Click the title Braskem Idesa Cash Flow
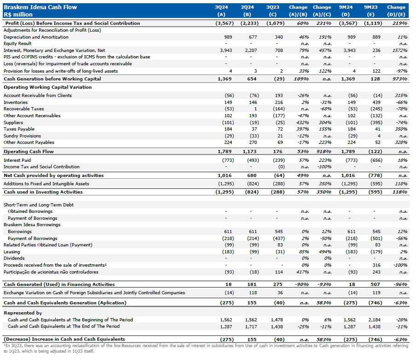point(41,7)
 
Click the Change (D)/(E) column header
point(396,11)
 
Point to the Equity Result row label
point(17,44)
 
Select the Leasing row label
point(12,252)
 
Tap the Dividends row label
point(14,258)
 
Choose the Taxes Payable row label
point(19,129)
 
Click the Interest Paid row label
point(17,160)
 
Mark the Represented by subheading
point(23,313)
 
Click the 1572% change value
point(400,51)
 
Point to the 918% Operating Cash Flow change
point(324,151)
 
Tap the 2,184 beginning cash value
point(373,320)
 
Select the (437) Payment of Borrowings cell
point(276,239)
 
